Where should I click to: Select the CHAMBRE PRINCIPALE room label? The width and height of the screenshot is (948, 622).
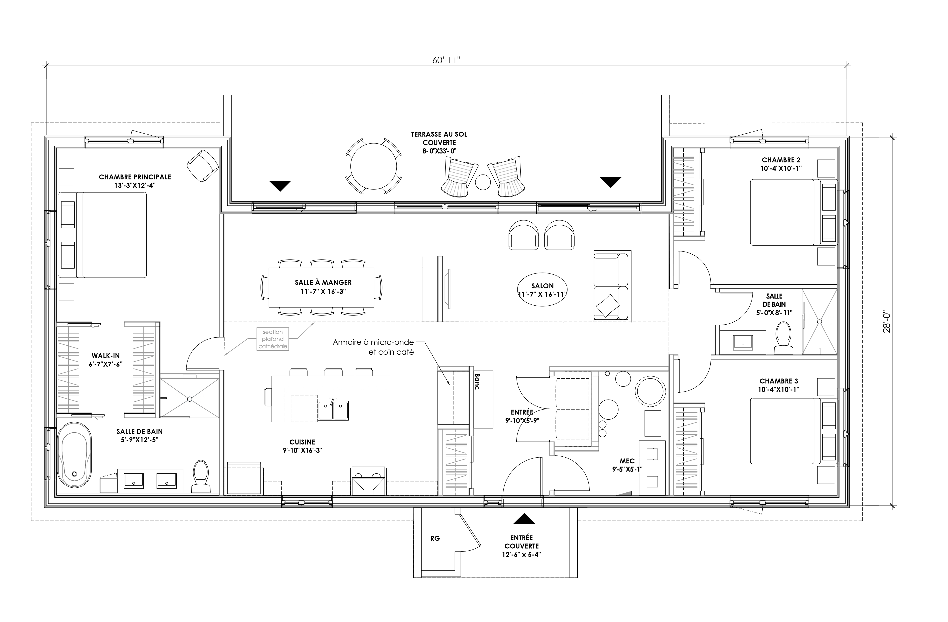pyautogui.click(x=135, y=177)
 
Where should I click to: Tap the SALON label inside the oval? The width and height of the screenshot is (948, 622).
pyautogui.click(x=542, y=286)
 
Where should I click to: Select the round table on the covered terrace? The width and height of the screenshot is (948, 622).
pyautogui.click(x=373, y=166)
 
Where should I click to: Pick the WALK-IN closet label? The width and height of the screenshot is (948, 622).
pyautogui.click(x=106, y=356)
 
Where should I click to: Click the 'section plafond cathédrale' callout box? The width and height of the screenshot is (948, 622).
pyautogui.click(x=273, y=339)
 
